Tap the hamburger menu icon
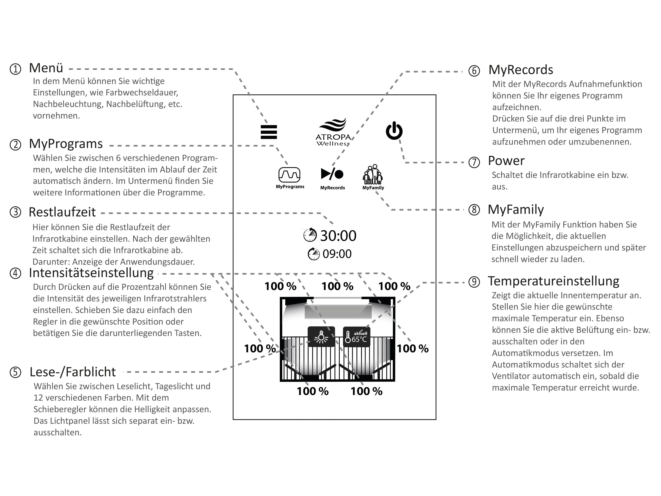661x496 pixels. (x=269, y=132)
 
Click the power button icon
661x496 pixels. (x=394, y=131)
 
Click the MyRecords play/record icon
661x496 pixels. (x=332, y=174)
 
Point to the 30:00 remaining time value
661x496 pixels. (x=338, y=236)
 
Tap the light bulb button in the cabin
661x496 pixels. (x=321, y=337)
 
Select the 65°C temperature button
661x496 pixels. (x=356, y=337)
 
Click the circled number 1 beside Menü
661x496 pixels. (x=16, y=69)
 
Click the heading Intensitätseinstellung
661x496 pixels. (x=91, y=273)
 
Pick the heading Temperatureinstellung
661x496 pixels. (x=553, y=281)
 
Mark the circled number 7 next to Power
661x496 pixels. (x=474, y=162)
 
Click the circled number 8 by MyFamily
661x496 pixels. (x=474, y=210)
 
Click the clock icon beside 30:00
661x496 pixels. (x=310, y=235)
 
